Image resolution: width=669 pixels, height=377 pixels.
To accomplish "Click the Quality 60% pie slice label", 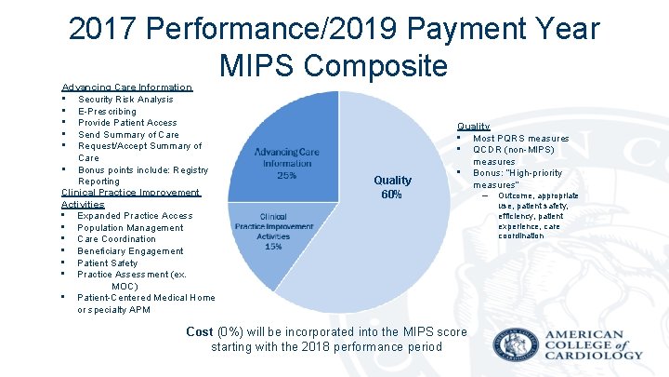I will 391,187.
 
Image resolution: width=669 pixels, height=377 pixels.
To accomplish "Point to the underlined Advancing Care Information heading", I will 126,88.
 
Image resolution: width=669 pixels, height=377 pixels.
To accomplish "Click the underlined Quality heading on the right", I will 473,127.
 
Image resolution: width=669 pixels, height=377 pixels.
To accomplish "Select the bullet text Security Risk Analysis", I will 125,100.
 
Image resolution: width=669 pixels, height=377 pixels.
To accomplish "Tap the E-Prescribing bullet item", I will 107,111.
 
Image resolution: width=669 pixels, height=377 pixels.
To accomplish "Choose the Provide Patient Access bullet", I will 127,123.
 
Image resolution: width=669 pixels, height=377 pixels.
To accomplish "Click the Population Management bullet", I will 130,228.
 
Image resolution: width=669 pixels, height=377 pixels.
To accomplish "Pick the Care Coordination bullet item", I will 117,239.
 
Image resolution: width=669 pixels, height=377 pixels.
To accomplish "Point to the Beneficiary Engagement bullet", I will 130,251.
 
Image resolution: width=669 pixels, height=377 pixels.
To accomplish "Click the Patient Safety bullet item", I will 107,263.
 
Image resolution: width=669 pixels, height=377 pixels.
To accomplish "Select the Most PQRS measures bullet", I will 520,139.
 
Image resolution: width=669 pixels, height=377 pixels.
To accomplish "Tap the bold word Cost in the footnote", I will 200,331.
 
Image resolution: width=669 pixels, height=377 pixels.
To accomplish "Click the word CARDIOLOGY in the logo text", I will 595,355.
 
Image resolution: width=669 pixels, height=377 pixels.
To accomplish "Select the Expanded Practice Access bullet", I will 135,216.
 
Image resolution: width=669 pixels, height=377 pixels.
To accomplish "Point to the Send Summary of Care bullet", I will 128,134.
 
